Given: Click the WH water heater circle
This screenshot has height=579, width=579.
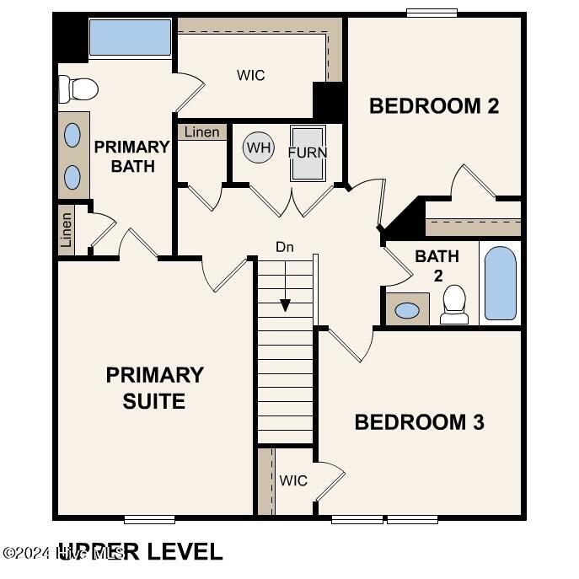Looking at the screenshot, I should click(x=259, y=148).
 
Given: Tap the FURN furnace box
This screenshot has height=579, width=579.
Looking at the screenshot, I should click(x=308, y=153).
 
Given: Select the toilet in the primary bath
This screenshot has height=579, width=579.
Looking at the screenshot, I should click(x=78, y=88).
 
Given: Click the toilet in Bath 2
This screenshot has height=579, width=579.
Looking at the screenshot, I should click(x=454, y=304).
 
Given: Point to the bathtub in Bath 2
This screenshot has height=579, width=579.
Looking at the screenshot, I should click(x=500, y=283).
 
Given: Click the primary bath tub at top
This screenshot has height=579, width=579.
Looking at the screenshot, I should click(x=130, y=37).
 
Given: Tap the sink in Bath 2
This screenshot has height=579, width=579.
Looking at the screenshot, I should click(x=407, y=310).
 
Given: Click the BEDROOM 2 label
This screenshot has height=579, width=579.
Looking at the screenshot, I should click(x=434, y=106).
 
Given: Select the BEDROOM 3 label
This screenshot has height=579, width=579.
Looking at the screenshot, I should click(x=419, y=422).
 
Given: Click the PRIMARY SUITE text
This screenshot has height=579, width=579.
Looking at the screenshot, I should click(x=154, y=388).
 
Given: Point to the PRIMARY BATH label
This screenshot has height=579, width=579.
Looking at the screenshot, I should click(x=131, y=156).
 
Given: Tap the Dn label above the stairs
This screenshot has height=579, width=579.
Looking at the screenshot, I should click(x=285, y=247).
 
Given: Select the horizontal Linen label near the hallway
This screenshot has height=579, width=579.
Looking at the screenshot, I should click(x=201, y=131).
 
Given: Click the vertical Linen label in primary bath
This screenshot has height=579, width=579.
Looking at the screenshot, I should click(x=66, y=228).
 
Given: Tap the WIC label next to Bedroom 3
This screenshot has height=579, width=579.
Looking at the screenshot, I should click(x=293, y=480).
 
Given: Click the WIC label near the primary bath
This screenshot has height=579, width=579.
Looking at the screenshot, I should click(x=250, y=75).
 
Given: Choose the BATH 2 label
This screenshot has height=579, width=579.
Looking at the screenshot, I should click(x=437, y=265).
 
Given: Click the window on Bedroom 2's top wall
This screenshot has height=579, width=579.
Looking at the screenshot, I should click(x=432, y=13).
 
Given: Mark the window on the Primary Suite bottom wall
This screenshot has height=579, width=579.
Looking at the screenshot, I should click(x=149, y=519).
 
